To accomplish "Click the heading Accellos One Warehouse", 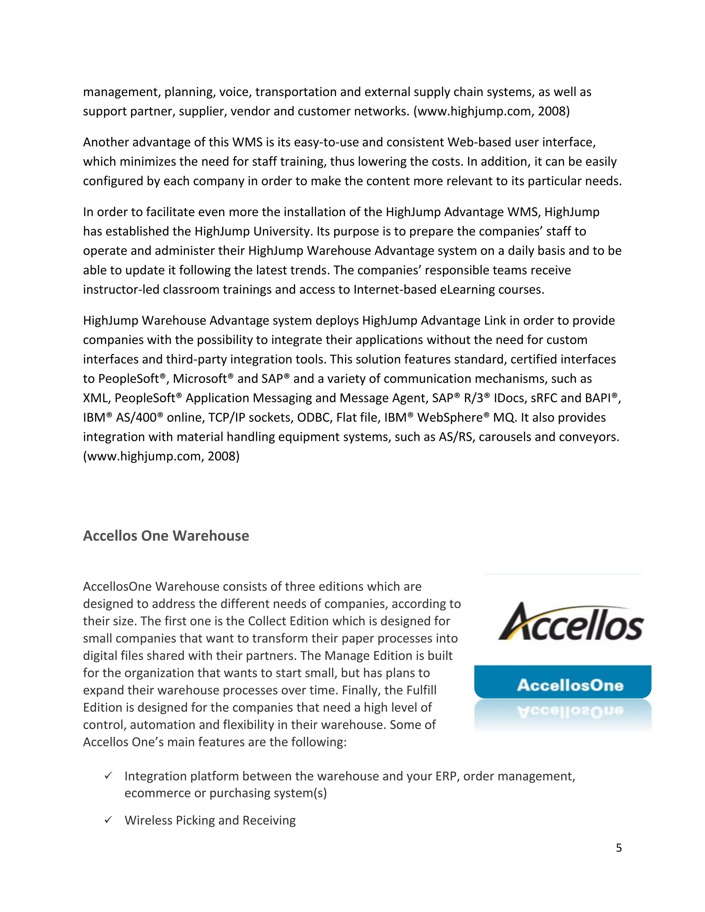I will [166, 536].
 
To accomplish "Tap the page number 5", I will [619, 848].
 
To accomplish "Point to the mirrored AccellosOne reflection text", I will [570, 711].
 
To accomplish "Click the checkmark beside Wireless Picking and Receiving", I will [108, 820].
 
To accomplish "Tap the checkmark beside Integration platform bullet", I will [108, 775].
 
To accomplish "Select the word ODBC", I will [314, 417].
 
